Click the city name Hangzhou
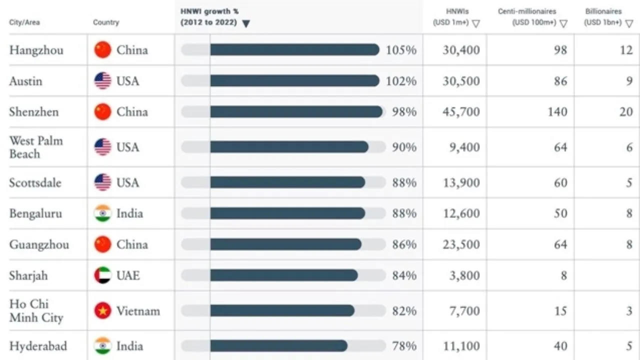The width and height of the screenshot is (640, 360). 36,50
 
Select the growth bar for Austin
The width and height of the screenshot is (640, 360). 294,81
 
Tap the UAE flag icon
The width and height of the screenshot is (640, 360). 102,275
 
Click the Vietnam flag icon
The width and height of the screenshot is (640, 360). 102,311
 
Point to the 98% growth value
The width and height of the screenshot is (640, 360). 404,111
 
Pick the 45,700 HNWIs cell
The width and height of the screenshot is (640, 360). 460,111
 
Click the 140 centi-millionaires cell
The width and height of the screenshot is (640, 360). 557,111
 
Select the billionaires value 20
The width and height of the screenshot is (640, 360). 626,111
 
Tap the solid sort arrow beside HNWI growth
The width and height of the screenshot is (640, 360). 245,23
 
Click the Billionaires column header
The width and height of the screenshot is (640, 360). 603,16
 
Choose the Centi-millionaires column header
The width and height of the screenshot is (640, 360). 527,16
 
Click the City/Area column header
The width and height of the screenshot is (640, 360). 24,22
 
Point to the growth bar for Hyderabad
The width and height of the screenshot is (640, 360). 278,346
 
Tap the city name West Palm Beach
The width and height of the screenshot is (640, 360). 36,147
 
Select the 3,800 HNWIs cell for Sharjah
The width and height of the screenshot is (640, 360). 464,275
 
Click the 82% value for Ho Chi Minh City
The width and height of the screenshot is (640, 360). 404,311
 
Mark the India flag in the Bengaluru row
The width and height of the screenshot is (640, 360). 102,213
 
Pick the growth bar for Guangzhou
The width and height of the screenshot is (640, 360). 285,244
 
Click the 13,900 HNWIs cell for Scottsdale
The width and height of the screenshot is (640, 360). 460,182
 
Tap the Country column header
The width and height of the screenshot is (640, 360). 106,22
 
